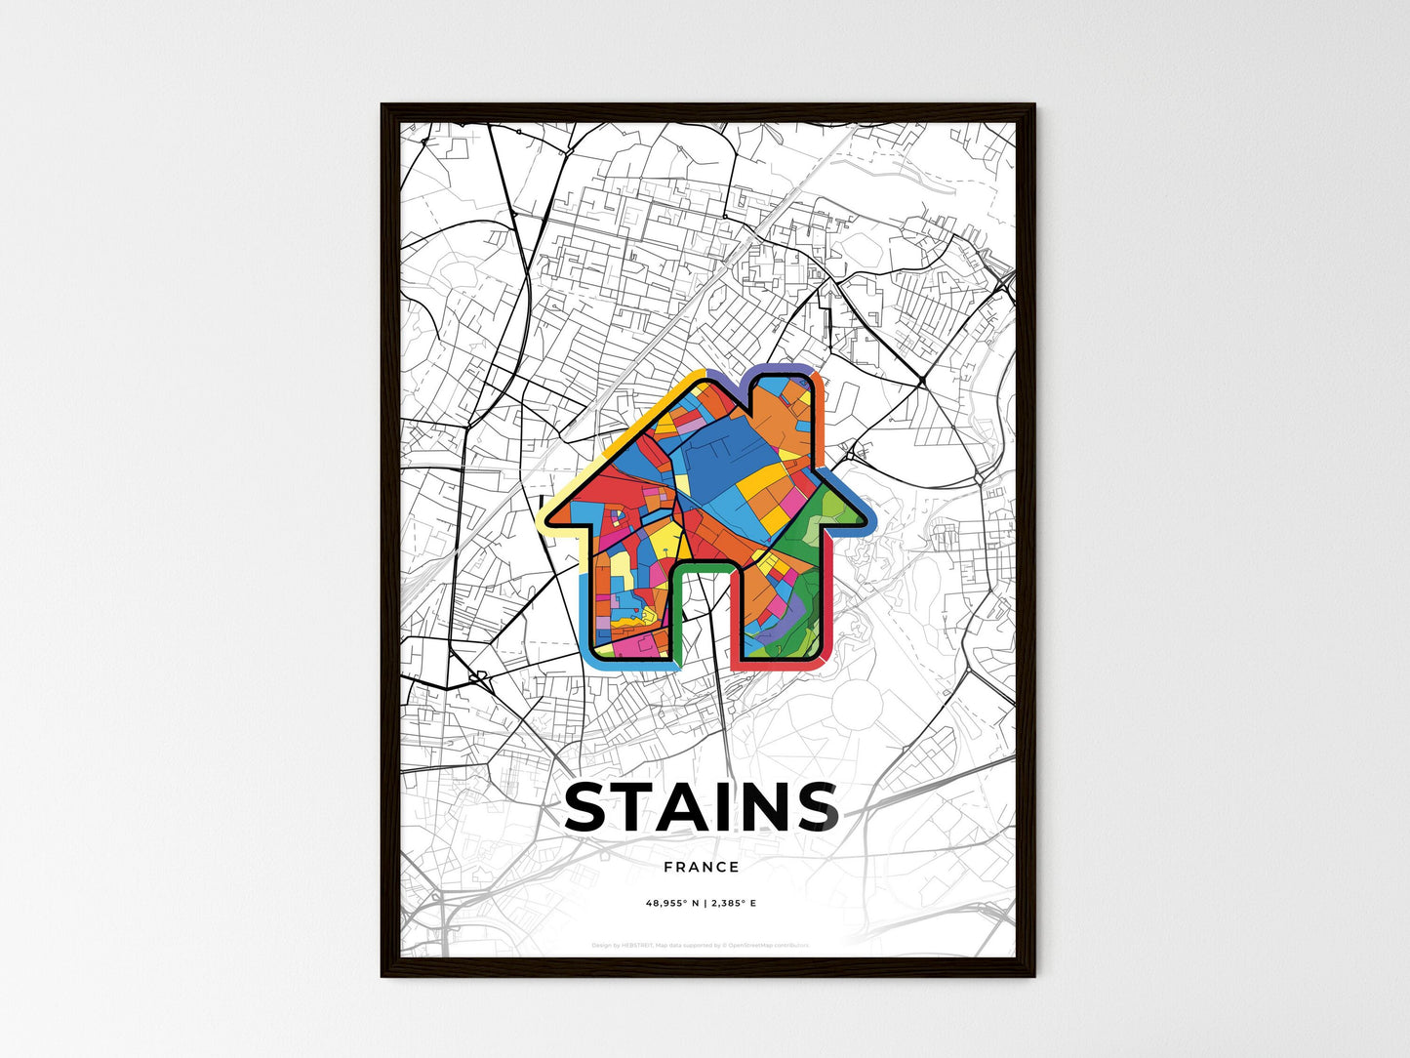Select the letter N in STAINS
pos(768,807)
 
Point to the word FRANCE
pos(701,867)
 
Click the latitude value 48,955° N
pos(673,904)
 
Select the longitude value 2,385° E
pos(735,904)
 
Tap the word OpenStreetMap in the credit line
pos(757,945)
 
